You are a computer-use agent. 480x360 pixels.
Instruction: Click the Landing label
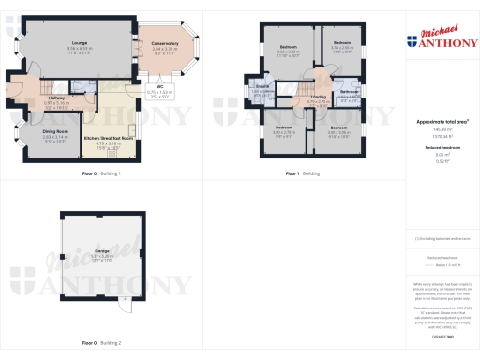pos(318,97)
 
